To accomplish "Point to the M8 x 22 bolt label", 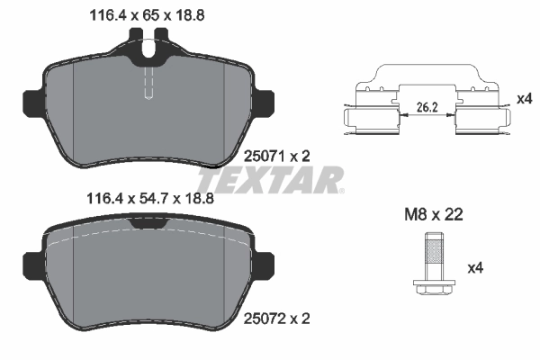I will pos(432,214).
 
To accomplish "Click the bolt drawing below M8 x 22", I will pos(433,263).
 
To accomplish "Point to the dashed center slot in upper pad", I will pos(148,85).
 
